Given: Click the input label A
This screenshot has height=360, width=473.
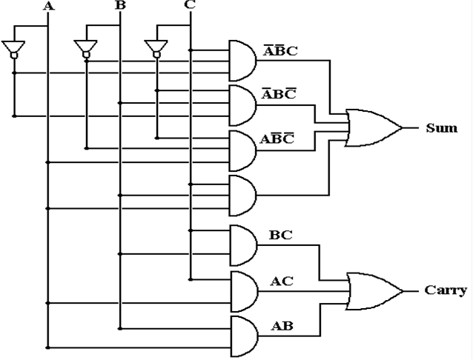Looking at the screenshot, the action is (x=49, y=7).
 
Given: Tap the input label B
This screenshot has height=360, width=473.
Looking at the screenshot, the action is (x=120, y=5).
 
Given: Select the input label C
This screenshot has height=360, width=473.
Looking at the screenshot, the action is (x=190, y=4).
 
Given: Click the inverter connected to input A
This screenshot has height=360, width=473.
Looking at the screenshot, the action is (x=13, y=50).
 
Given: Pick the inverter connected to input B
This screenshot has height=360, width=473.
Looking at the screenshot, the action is (x=86, y=49).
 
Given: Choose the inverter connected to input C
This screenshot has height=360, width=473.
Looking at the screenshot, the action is (x=156, y=49).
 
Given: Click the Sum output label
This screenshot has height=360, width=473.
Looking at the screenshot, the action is (x=442, y=128).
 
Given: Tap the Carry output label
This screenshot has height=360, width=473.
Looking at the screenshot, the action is (x=446, y=290).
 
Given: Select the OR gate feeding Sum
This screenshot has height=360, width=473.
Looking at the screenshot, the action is (x=374, y=128).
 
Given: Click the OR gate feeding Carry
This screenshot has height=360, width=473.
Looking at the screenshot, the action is (x=374, y=292).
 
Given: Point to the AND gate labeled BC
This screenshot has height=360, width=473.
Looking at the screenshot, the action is (x=244, y=245).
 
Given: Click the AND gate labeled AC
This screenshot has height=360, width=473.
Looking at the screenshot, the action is (x=245, y=292).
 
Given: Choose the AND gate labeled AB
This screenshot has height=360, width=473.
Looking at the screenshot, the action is (x=245, y=336).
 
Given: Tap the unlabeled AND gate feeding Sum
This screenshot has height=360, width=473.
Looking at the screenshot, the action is (x=243, y=196).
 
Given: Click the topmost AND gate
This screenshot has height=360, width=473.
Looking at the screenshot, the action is (x=243, y=61).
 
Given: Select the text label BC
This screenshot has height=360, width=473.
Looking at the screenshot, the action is (x=280, y=235).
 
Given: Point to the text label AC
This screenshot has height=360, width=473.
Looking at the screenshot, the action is (x=282, y=281).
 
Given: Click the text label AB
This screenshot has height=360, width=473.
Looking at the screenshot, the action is (x=282, y=326).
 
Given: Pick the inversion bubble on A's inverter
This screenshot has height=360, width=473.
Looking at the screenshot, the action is (x=14, y=56).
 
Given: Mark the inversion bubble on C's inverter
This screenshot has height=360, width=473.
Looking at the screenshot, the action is (x=156, y=55).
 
